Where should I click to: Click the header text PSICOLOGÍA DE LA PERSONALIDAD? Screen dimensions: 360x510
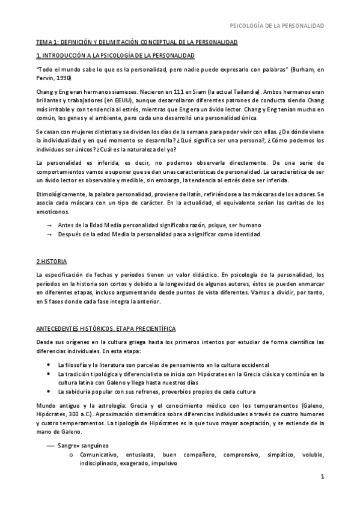(278, 26)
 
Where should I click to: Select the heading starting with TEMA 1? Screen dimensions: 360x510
(136, 43)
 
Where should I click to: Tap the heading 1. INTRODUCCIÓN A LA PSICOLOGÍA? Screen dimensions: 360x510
(115, 56)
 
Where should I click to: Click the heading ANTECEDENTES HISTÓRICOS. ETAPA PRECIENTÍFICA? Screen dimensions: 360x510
(106, 329)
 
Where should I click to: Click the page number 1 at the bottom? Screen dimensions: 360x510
(322, 494)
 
